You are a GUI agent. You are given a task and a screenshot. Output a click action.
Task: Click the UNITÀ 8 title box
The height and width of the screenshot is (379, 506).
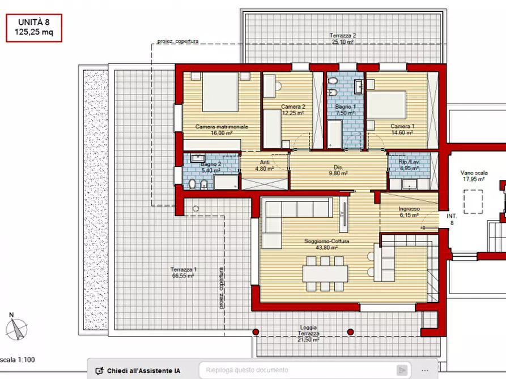(x=34, y=28)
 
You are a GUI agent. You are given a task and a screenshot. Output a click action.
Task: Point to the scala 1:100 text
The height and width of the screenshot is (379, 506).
(x=18, y=360)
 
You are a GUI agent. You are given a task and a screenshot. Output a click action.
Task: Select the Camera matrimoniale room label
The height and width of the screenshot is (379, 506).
(x=222, y=127)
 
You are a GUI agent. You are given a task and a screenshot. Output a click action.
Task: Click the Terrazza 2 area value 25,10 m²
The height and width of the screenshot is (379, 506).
(x=343, y=42)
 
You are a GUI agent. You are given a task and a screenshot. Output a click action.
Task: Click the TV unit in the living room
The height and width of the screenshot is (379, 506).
(x=343, y=214)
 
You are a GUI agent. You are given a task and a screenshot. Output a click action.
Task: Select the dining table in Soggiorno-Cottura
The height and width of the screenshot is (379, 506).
(x=325, y=273)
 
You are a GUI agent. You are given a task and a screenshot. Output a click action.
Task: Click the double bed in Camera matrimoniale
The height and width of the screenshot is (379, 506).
(x=220, y=92)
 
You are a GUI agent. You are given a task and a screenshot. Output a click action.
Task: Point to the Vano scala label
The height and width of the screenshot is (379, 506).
(x=474, y=173)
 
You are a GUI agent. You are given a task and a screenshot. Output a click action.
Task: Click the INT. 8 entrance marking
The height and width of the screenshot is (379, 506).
(x=452, y=219)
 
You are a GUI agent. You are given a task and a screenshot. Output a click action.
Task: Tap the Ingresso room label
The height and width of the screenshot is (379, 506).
(x=409, y=209)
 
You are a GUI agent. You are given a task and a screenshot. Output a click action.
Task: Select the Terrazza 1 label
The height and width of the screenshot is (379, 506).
(x=183, y=269)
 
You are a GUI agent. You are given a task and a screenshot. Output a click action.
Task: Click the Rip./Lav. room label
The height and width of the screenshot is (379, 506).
(x=409, y=162)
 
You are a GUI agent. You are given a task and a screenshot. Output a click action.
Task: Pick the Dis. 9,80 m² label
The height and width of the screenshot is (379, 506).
(x=338, y=170)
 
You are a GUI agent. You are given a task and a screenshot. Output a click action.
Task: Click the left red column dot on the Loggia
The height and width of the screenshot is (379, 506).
(x=256, y=332)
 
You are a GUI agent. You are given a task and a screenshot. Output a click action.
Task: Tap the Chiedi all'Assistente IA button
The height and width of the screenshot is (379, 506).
(x=138, y=371)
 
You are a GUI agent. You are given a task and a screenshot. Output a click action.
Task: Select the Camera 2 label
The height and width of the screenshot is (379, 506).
(x=293, y=107)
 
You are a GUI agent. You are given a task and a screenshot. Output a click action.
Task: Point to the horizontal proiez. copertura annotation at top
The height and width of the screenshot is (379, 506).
(x=178, y=41)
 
